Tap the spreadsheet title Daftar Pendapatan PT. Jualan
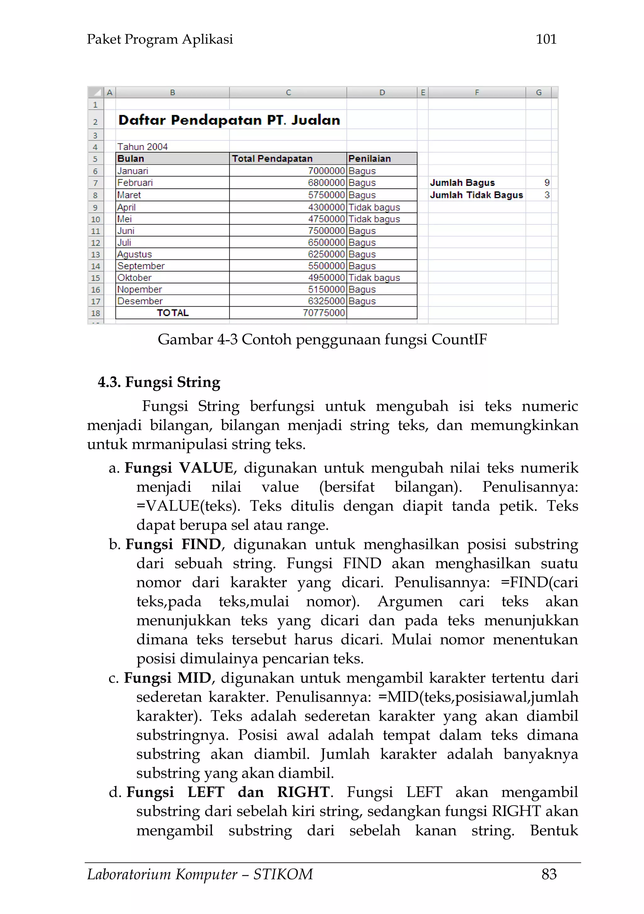pos(229,120)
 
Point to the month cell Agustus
pos(135,254)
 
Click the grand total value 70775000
pos(324,313)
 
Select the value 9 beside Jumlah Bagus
pos(547,182)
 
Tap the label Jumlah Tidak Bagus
pos(476,195)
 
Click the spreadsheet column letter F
pos(477,92)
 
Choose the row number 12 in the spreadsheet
pos(96,242)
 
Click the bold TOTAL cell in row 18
pos(172,313)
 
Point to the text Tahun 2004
pos(142,147)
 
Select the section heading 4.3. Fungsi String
pos(159,382)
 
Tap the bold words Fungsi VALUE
pos(179,468)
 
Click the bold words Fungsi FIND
pos(174,544)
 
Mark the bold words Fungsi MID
pos(168,677)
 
